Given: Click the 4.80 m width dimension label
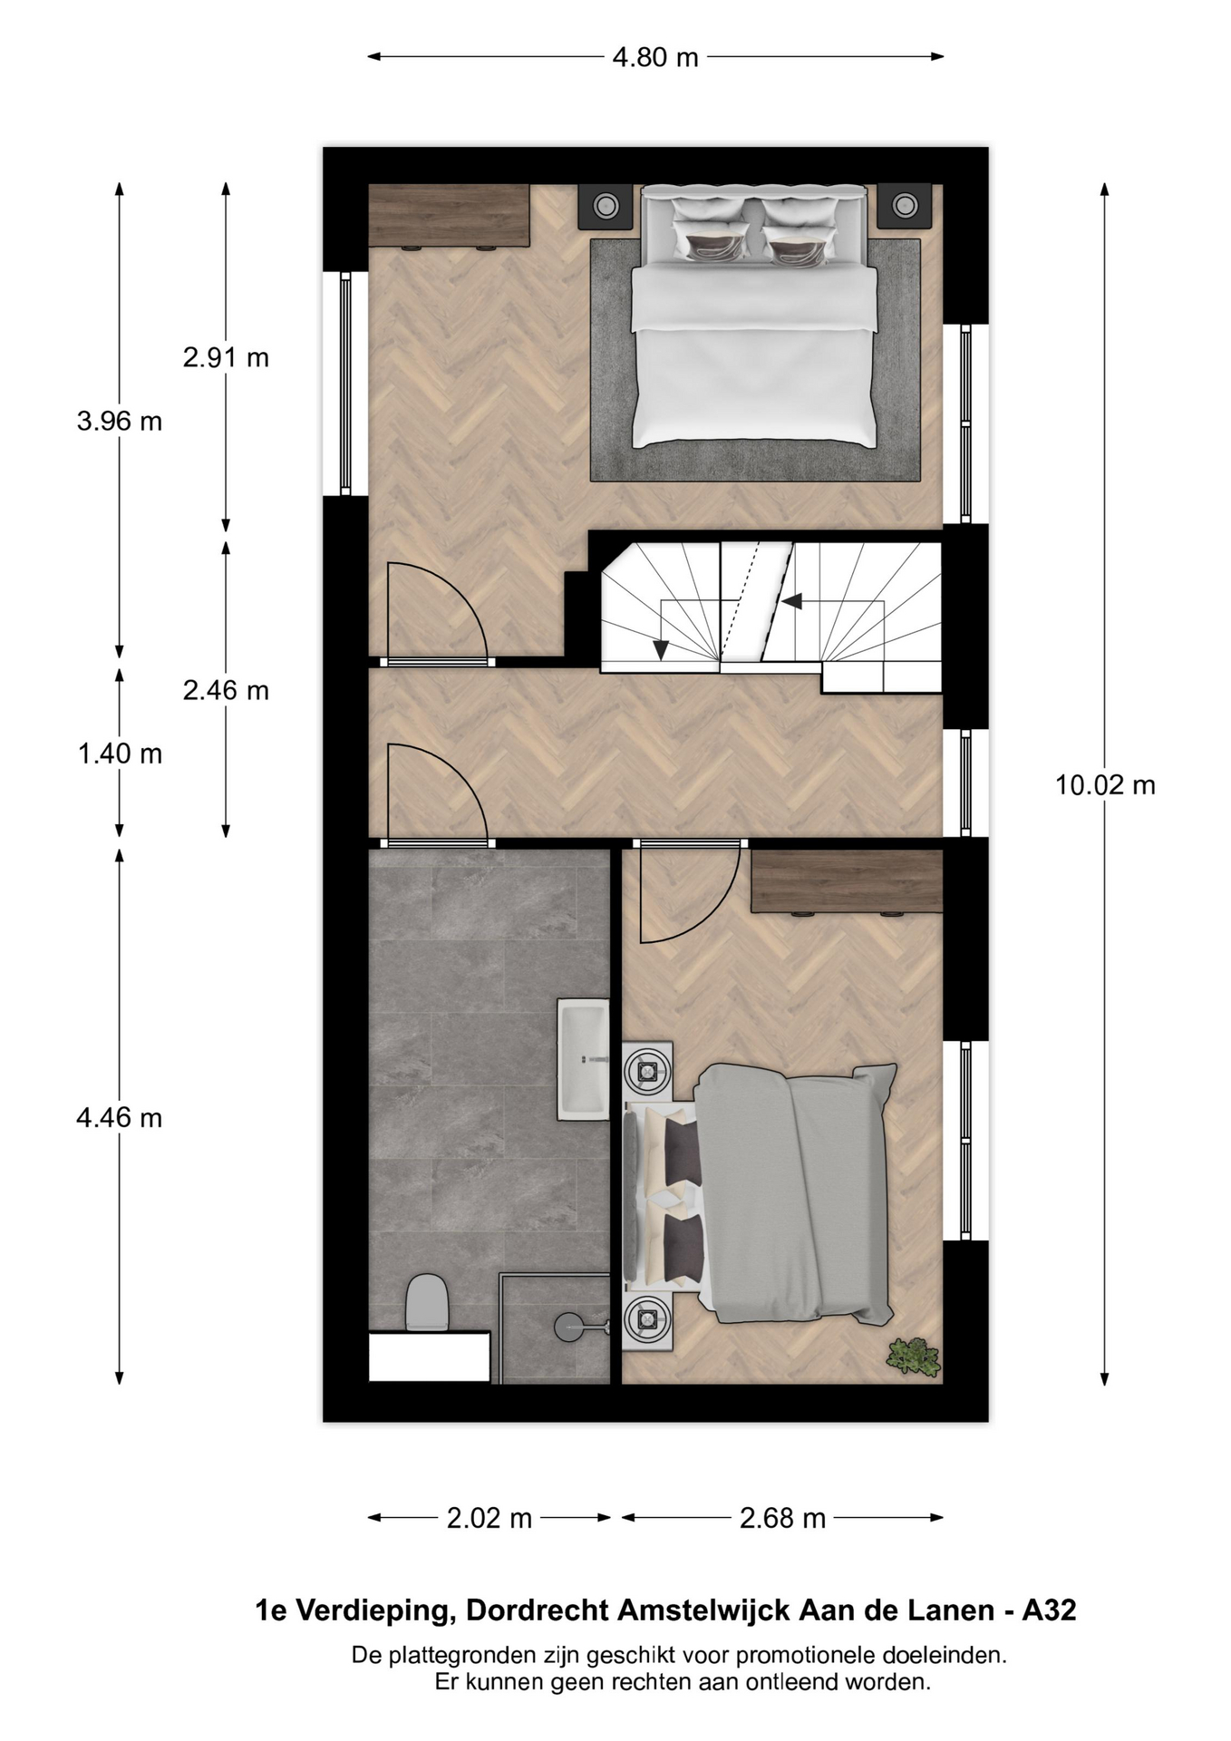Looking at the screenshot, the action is (x=655, y=57).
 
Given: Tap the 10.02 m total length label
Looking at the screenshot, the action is (x=1105, y=784).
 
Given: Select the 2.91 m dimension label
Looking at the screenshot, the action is (x=226, y=357).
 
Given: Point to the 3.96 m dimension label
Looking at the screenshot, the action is (x=120, y=421).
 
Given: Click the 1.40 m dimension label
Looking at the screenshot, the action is (x=120, y=754).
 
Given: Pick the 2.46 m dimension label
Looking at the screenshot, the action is (x=226, y=690).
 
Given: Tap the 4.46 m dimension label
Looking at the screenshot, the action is (x=120, y=1117).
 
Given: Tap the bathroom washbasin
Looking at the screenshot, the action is (x=583, y=1058).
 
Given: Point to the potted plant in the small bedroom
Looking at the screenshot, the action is (x=914, y=1356).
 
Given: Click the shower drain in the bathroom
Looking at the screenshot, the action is (x=568, y=1327).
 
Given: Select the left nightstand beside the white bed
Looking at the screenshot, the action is (x=606, y=207).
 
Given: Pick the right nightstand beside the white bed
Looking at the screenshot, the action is (x=904, y=206).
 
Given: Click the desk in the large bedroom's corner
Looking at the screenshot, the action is (x=449, y=216).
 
